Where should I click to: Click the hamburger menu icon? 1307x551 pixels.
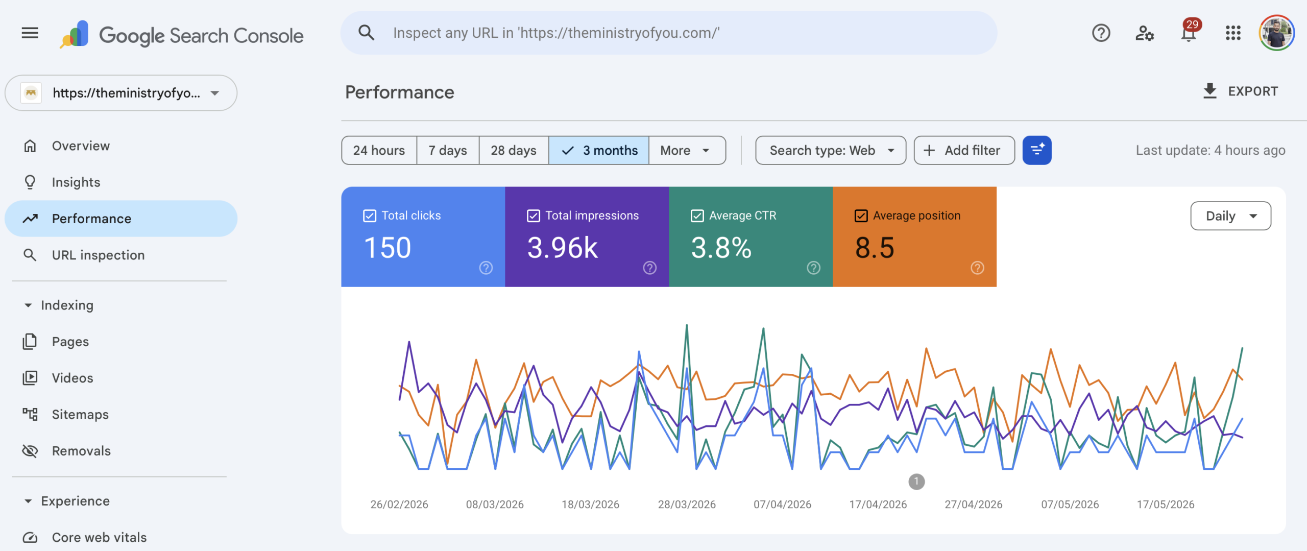click(x=30, y=33)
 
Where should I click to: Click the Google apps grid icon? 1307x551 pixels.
click(x=1233, y=33)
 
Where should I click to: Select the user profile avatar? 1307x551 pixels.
click(x=1276, y=33)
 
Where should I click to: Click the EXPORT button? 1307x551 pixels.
click(x=1241, y=91)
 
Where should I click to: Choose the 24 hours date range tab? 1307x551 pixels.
click(x=379, y=150)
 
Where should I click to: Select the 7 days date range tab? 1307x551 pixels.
click(x=448, y=150)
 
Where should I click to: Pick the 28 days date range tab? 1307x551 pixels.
click(x=514, y=150)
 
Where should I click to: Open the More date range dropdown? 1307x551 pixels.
click(x=687, y=150)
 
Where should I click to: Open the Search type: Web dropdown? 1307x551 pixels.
click(x=831, y=150)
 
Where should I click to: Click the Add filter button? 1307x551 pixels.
click(x=964, y=150)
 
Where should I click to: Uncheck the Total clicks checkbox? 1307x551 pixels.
click(x=370, y=216)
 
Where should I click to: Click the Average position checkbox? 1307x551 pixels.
click(x=861, y=216)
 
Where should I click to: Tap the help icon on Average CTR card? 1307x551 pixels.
click(x=813, y=268)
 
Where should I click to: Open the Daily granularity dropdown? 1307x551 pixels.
click(x=1230, y=216)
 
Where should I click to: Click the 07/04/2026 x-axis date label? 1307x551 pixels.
click(x=782, y=505)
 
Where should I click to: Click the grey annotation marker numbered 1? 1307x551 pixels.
click(x=916, y=482)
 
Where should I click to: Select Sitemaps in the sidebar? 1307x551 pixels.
click(x=80, y=414)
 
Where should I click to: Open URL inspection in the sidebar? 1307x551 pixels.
click(x=98, y=255)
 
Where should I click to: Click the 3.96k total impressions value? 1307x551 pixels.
click(x=563, y=248)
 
